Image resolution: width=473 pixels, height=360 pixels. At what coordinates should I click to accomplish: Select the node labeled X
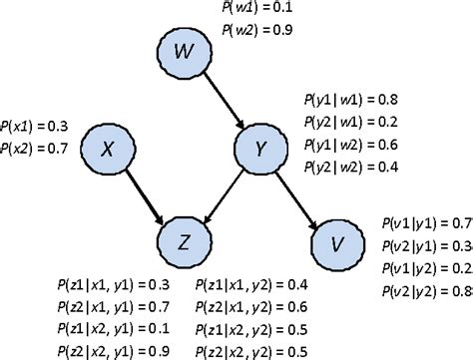point(108,149)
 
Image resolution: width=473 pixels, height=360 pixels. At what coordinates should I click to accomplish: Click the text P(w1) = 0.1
point(257,10)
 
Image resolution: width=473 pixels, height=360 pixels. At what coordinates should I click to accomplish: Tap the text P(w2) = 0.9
point(257,31)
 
